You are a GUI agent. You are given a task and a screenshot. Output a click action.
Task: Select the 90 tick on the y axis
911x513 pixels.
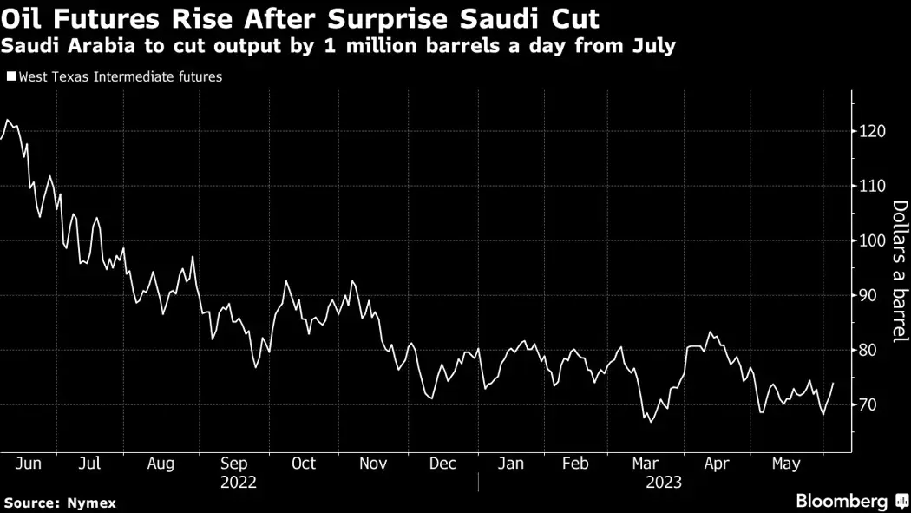tap(870, 295)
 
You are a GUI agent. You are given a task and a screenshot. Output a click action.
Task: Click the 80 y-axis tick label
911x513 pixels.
tap(870, 351)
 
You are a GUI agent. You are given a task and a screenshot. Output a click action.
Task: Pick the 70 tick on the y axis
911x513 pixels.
tap(870, 405)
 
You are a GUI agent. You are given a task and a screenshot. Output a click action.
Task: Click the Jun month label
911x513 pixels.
tap(29, 464)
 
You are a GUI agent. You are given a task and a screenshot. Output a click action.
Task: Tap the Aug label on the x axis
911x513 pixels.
tap(161, 464)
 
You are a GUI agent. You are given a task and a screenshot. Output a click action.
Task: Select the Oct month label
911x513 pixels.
tap(303, 464)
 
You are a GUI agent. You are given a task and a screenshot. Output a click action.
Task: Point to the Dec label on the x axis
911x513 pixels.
tap(442, 464)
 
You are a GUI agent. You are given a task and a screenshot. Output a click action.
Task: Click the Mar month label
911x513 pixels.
tap(645, 464)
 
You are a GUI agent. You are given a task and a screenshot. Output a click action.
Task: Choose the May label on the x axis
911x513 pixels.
tap(786, 464)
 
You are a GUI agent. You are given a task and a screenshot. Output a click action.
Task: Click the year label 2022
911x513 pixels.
tap(239, 483)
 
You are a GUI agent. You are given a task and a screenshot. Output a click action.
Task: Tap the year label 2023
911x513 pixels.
tap(663, 483)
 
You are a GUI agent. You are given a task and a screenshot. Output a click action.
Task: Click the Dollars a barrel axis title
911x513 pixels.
tap(900, 269)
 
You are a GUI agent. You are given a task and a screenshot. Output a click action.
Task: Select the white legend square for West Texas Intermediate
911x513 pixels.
tap(10, 77)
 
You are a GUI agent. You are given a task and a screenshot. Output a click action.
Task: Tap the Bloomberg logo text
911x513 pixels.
tap(842, 501)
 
